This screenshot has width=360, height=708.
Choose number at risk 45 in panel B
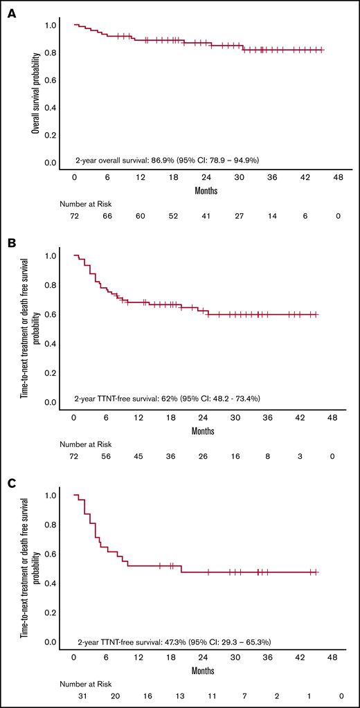(138, 457)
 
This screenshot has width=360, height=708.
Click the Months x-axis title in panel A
(205, 189)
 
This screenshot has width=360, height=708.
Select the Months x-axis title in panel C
(205, 668)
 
